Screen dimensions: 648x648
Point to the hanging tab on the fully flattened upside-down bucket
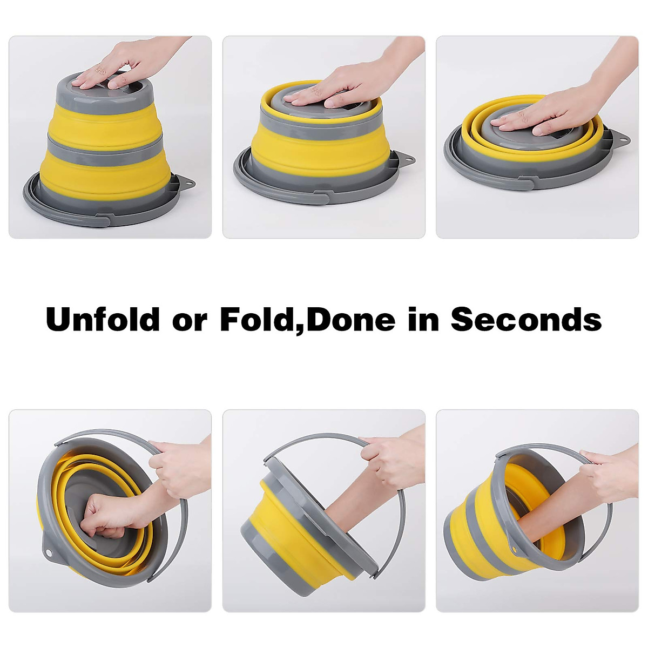[x=622, y=138]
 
